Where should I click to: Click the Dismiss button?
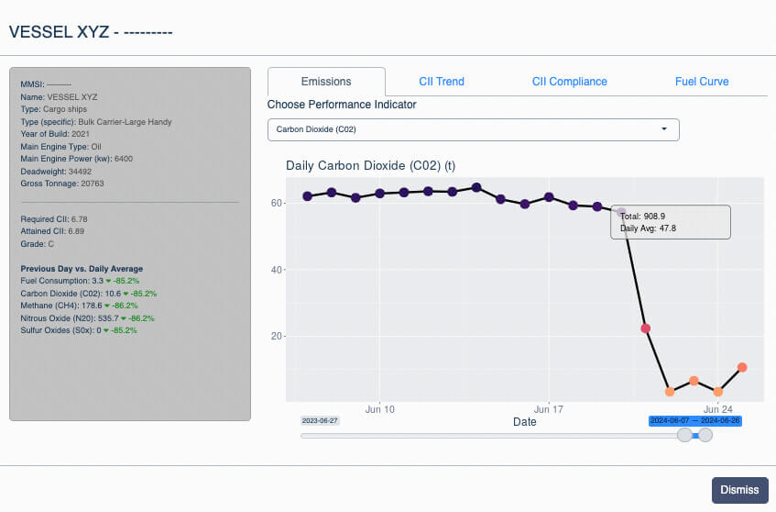point(740,490)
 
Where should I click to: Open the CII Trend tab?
point(442,82)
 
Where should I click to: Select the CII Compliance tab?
point(570,82)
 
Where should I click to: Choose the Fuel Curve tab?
point(702,82)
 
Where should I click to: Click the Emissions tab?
point(326,82)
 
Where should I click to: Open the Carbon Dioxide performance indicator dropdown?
point(473,129)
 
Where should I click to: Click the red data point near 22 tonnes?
point(645,328)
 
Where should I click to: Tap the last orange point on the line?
point(742,367)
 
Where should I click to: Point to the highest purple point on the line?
point(476,187)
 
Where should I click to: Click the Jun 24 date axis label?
point(718,409)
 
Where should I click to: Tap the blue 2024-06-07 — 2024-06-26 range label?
point(694,421)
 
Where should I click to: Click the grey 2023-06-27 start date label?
point(320,421)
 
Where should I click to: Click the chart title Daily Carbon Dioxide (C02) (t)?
point(371,165)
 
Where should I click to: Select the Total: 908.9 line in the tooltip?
point(642,217)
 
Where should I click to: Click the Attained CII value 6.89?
point(76,231)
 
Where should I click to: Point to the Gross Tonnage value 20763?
point(93,184)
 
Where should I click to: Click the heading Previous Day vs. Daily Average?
point(82,269)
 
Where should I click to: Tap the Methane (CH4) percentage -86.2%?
point(126,306)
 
